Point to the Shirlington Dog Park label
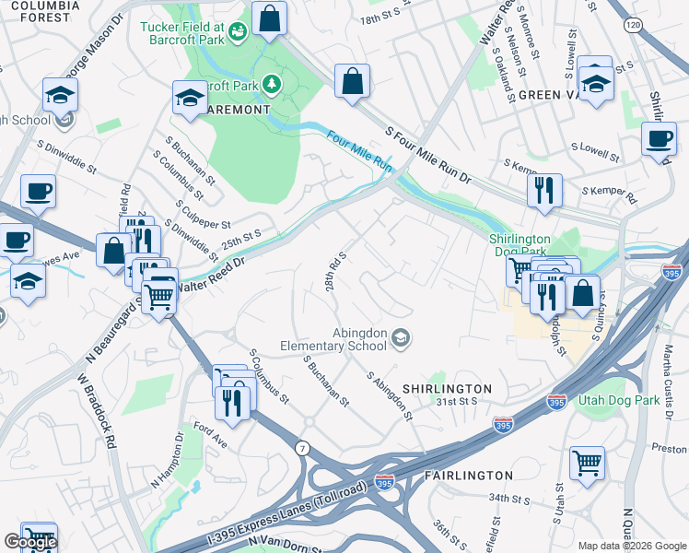point(531,245)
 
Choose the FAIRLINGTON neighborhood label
point(469,476)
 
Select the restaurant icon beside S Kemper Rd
point(544,189)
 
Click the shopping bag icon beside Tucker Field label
point(268,18)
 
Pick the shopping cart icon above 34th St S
point(587,463)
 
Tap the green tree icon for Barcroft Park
point(272,85)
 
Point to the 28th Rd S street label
point(334,271)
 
